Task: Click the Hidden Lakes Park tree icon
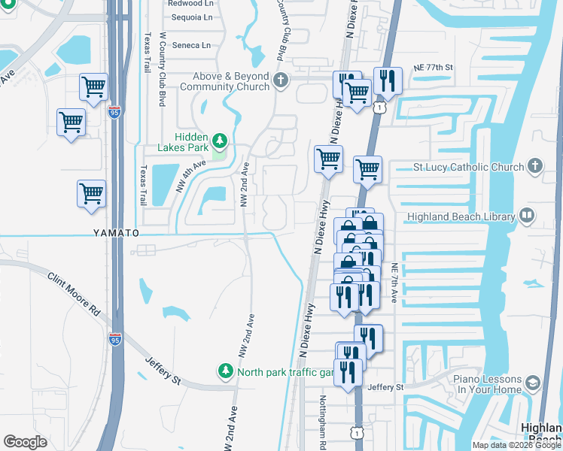click(220, 140)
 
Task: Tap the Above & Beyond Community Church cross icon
click(281, 80)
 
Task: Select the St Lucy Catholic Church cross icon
click(534, 166)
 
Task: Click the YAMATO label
click(116, 233)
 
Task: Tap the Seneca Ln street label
click(191, 45)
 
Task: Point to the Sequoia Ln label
click(192, 17)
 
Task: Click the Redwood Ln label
click(192, 3)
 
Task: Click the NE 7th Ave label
click(394, 283)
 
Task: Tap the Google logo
click(25, 442)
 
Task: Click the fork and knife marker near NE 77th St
click(387, 80)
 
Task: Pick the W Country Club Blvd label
click(161, 72)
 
